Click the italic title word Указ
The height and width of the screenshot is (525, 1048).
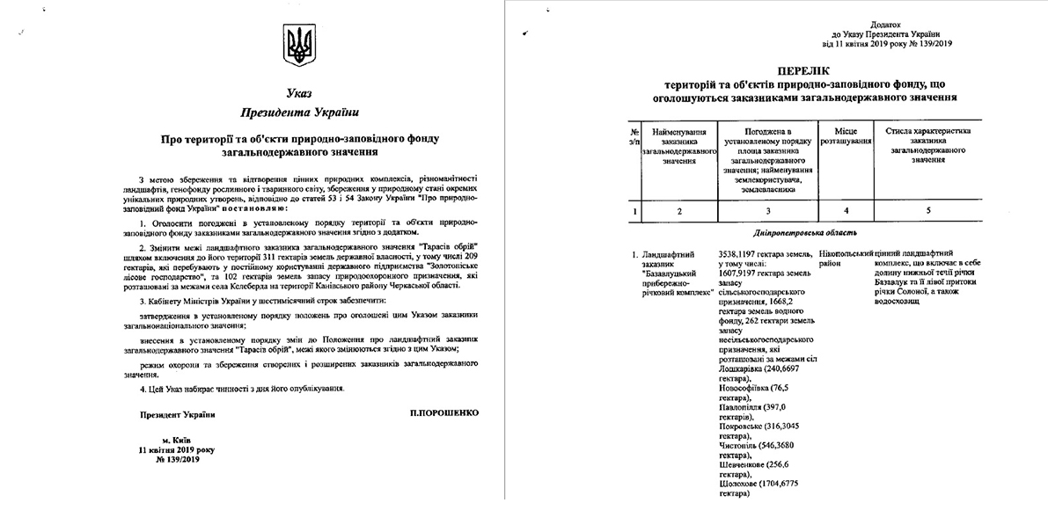[x=298, y=93]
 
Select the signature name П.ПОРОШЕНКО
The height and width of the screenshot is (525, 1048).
[x=445, y=413]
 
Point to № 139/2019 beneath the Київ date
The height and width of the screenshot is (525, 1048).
[x=179, y=458]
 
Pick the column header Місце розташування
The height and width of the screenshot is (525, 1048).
[x=846, y=135]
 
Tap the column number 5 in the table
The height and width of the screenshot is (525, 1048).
[x=928, y=211]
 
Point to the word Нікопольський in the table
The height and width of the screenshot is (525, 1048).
[x=846, y=253]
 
